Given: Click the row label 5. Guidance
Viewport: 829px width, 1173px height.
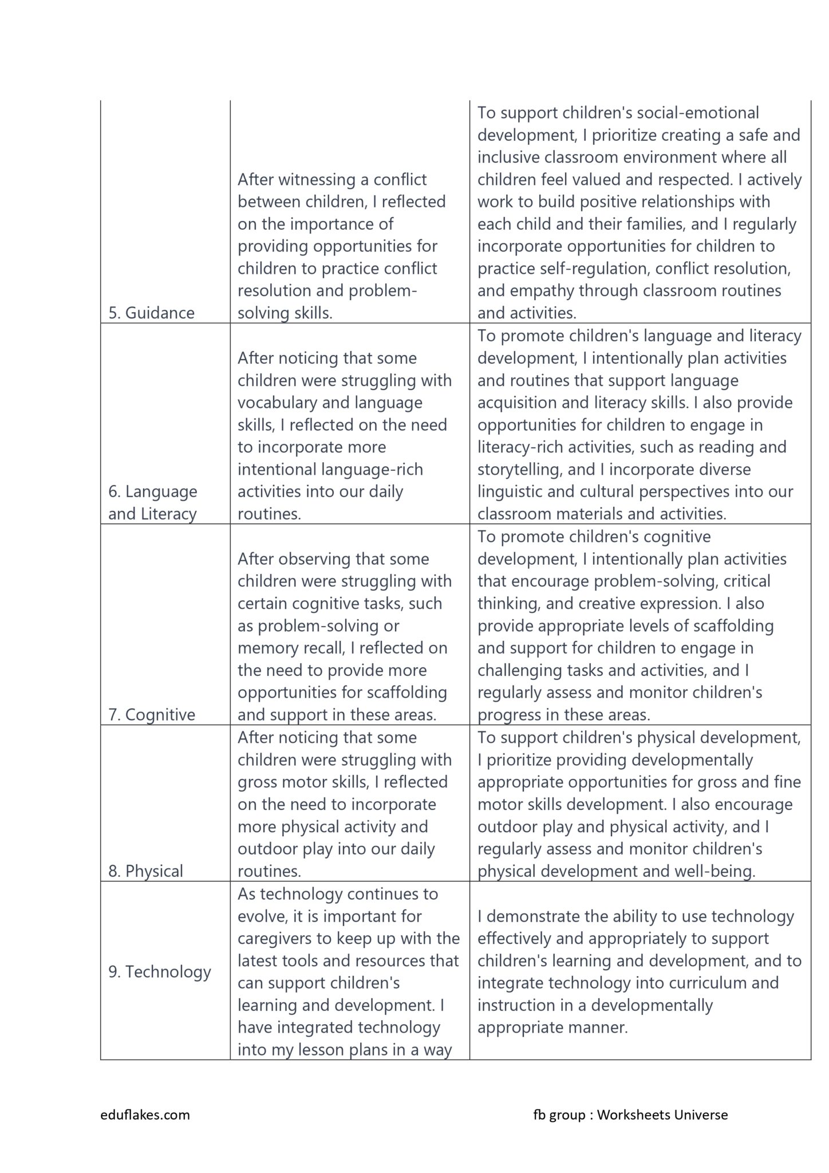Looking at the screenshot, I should click(152, 313).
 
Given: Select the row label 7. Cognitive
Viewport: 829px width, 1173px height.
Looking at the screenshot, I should click(152, 714).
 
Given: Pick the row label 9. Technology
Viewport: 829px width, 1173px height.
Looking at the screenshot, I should click(160, 971).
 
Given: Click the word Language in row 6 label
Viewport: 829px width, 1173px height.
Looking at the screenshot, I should click(161, 491).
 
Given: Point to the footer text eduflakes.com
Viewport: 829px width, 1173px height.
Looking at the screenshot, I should click(145, 1115).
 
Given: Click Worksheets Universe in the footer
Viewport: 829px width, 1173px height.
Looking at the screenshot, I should click(662, 1115).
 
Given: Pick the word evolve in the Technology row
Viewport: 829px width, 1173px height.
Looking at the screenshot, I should click(260, 916).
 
